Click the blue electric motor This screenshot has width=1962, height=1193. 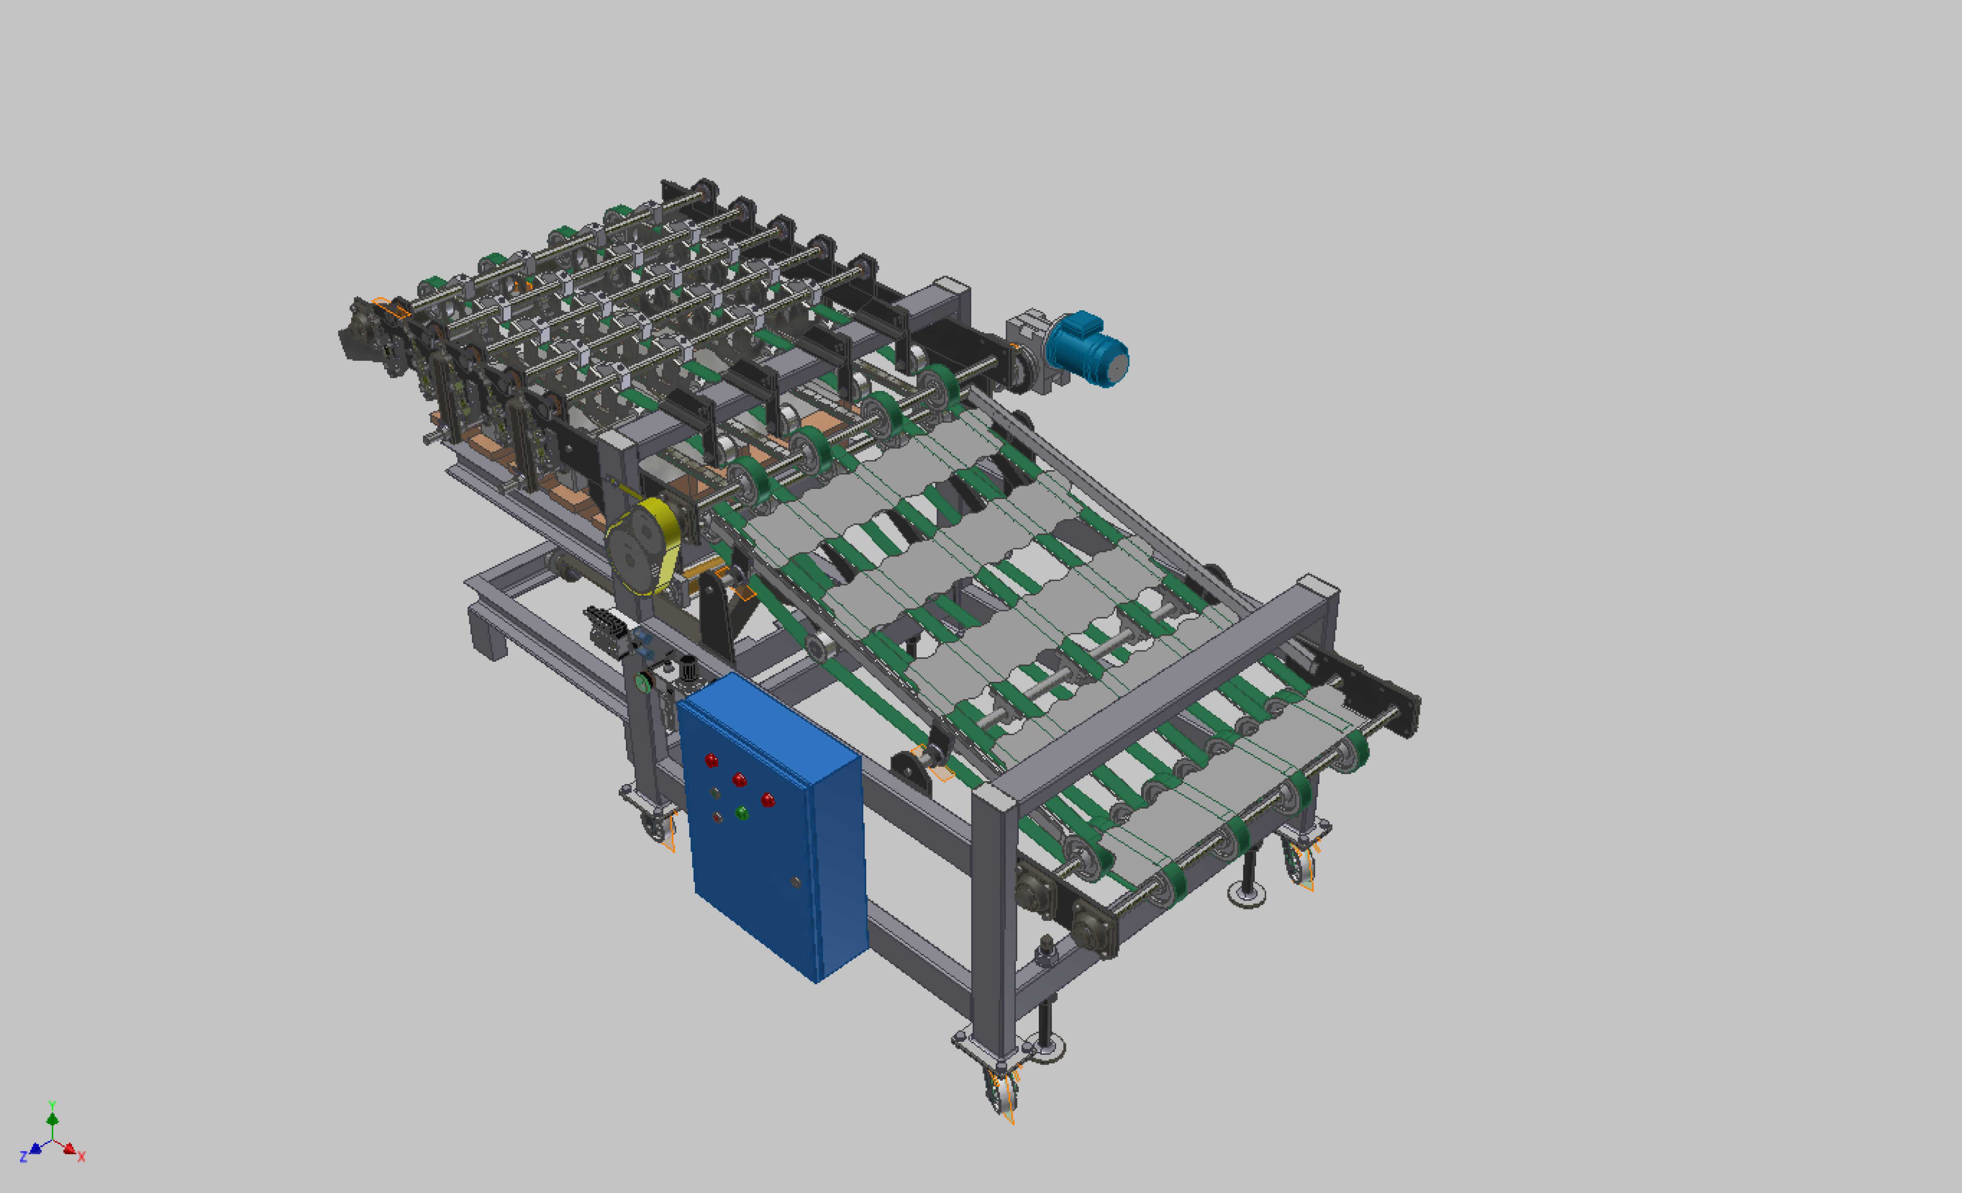1087,351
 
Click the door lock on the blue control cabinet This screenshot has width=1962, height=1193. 795,881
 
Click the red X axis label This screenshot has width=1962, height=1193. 81,1156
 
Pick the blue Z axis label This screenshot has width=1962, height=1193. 24,1156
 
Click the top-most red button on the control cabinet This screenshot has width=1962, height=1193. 711,760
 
